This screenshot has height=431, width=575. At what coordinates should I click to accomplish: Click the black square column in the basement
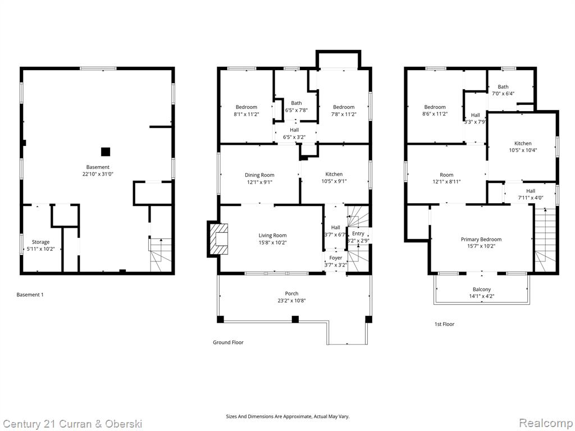106,152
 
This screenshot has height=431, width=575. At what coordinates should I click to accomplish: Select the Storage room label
40,242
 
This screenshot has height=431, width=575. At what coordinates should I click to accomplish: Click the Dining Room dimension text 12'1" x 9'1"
259,182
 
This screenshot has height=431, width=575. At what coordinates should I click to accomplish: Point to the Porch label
291,294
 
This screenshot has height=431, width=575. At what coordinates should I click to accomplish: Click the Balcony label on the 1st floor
481,290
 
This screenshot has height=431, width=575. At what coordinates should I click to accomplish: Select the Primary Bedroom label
481,239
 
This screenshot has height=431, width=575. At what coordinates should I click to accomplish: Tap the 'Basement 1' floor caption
30,295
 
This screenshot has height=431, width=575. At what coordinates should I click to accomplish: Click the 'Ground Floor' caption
228,342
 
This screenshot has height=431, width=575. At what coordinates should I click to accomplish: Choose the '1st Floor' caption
444,324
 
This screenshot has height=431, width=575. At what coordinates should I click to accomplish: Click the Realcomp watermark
545,423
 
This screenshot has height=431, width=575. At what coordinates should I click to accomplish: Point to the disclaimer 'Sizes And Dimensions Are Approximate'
287,416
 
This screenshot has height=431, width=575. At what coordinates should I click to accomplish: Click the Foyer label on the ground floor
336,258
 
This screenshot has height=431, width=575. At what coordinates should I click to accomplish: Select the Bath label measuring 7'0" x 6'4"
503,87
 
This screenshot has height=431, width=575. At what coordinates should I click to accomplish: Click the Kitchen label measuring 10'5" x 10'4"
523,143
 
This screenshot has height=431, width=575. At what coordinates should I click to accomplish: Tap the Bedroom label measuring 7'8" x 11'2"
344,107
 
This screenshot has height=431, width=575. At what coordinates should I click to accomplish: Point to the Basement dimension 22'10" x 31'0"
98,174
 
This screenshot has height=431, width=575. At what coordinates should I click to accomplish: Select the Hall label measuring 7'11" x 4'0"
531,191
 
